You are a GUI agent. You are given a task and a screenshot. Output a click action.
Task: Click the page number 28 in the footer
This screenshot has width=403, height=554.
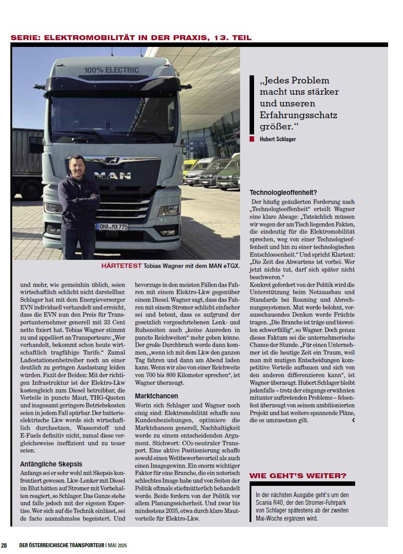[4, 545]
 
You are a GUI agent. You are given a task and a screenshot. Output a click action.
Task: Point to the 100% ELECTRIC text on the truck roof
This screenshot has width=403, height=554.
[111, 70]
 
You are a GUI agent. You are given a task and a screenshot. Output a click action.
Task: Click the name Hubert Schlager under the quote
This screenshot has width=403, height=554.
[278, 139]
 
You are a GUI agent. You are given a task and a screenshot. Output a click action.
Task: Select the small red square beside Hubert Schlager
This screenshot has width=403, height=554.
[252, 139]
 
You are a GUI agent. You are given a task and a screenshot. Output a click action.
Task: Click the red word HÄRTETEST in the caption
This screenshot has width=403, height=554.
[121, 266]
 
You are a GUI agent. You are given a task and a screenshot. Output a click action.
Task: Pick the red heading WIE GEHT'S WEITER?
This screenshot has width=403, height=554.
[298, 476]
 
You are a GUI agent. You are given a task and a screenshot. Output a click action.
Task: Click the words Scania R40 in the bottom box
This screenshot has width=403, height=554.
[269, 503]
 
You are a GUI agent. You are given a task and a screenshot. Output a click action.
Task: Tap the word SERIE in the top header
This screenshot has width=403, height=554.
[24, 38]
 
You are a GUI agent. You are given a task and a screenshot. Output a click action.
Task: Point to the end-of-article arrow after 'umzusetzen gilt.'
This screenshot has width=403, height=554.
[353, 420]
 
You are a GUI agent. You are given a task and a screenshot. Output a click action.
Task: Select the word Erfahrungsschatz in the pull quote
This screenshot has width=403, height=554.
[298, 115]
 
